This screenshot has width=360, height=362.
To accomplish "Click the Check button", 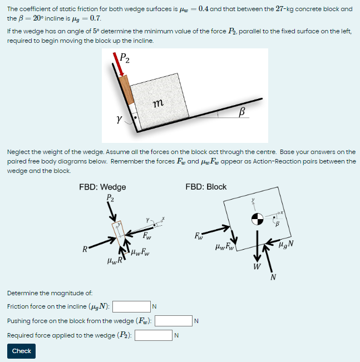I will coord(21,351).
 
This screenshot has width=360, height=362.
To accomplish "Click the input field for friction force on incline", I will coord(131,306).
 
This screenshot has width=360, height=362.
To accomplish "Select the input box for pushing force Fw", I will coord(173,321).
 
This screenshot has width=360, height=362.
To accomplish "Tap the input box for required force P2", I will coord(153,335).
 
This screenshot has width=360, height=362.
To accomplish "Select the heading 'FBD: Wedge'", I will coord(102,187).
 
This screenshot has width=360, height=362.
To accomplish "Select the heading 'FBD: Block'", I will coord(206,187).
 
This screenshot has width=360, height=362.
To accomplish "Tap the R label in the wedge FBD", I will coord(84,249).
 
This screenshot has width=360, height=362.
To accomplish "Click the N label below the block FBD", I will coord(273,277).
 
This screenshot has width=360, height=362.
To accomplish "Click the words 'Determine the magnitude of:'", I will coord(50,292).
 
